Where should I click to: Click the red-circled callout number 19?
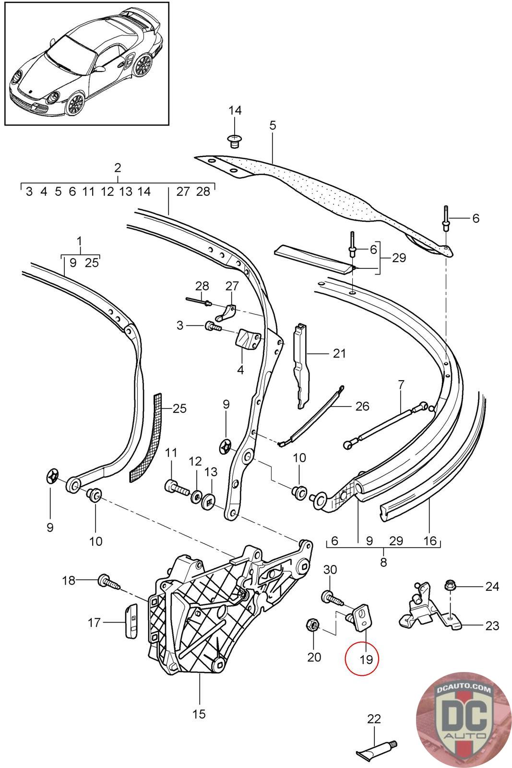[366, 659]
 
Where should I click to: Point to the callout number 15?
[199, 714]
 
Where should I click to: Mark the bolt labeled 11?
[177, 489]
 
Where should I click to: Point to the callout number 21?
[339, 354]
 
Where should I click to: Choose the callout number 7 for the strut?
[401, 384]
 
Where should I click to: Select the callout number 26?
[362, 407]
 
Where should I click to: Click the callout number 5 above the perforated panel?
[273, 126]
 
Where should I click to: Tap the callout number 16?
[430, 541]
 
